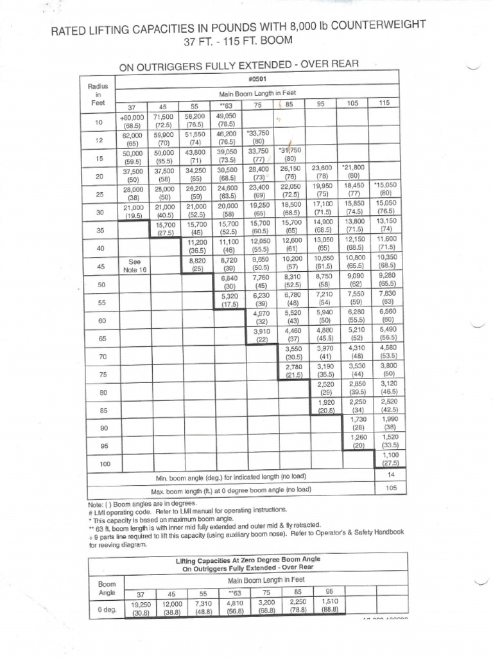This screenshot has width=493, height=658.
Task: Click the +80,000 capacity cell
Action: tap(132, 122)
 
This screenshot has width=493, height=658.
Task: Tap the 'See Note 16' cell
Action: tap(134, 266)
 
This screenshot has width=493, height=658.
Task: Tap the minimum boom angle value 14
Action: tap(390, 474)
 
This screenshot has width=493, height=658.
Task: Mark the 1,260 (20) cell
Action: tap(358, 440)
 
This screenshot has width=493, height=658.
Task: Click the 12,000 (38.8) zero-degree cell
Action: tap(171, 609)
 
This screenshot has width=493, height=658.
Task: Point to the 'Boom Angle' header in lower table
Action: tap(107, 588)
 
